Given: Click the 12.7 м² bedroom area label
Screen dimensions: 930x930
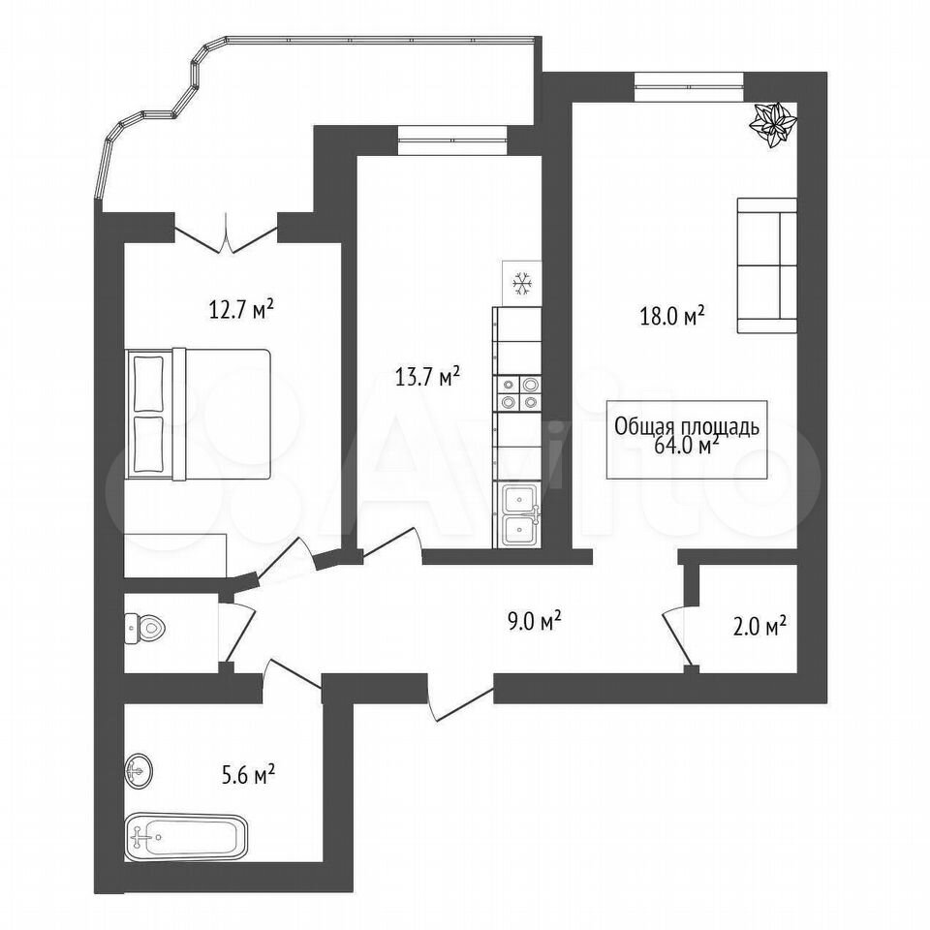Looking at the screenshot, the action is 241,309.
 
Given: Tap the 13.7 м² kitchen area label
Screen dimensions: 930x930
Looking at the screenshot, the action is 427,377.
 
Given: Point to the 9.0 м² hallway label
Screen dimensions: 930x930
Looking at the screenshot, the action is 535,622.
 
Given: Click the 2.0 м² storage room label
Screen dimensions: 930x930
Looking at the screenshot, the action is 759,626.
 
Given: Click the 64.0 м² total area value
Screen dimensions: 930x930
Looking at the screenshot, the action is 687,446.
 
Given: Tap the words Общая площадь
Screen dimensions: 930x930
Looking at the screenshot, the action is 686,427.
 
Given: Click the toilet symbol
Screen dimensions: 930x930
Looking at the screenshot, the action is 144,628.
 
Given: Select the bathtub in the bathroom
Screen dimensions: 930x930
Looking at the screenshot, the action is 186,836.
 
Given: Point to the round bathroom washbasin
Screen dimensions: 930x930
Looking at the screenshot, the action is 139,771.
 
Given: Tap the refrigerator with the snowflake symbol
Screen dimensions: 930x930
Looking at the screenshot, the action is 522,284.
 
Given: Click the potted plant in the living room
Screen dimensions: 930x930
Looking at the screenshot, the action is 773,125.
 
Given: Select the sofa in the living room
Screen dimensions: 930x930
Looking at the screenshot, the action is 766,265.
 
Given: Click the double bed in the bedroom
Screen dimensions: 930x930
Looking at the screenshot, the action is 198,414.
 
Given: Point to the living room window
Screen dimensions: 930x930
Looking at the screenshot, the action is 689,86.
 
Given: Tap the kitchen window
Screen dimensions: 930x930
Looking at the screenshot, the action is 453,140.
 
